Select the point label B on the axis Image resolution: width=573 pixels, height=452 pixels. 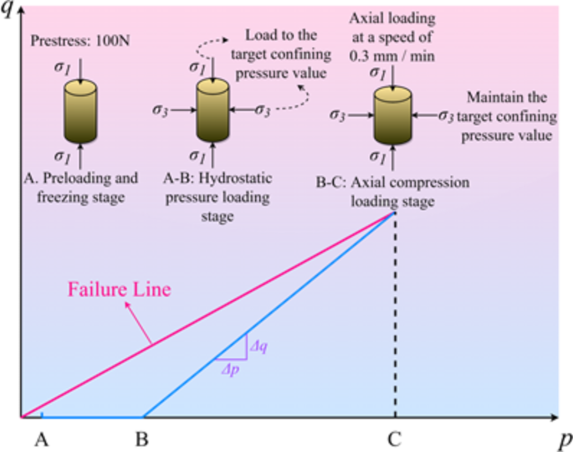tap(142, 437)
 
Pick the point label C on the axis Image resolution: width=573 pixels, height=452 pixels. tap(393, 437)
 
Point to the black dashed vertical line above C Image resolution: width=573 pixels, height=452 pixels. tap(394, 318)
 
